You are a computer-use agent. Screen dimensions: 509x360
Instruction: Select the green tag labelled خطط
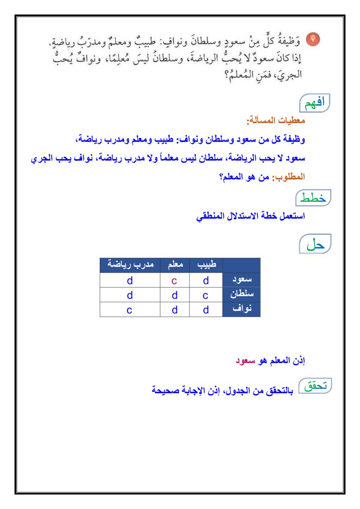(x=313, y=198)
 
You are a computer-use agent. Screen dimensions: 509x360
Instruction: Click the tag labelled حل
(x=315, y=244)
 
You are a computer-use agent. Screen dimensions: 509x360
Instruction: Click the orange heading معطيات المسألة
(x=276, y=121)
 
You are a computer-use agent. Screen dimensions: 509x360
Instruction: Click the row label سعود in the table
(x=242, y=280)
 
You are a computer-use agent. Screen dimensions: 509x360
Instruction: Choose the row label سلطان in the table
(x=242, y=295)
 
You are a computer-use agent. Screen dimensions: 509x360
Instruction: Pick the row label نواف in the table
(x=242, y=310)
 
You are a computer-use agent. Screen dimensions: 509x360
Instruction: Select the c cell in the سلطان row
(x=206, y=295)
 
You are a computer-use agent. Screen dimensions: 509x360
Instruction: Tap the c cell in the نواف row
(x=130, y=310)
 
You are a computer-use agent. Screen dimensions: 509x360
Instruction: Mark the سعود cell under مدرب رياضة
(x=130, y=280)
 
